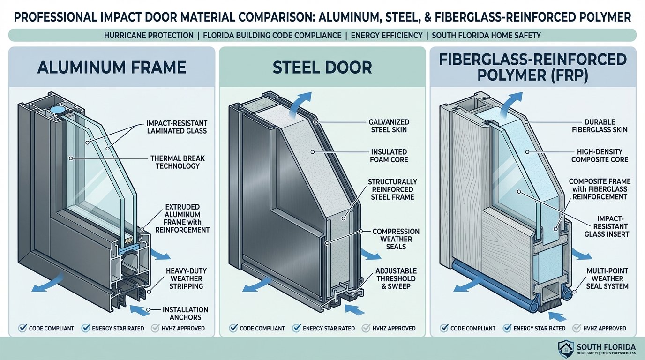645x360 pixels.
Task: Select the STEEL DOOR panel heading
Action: [x=322, y=67]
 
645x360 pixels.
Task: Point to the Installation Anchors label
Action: [x=185, y=314]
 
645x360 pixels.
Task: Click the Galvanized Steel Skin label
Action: [x=389, y=125]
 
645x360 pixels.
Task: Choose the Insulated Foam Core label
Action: [x=389, y=156]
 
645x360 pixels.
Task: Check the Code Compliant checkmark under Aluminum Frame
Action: [x=22, y=328]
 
